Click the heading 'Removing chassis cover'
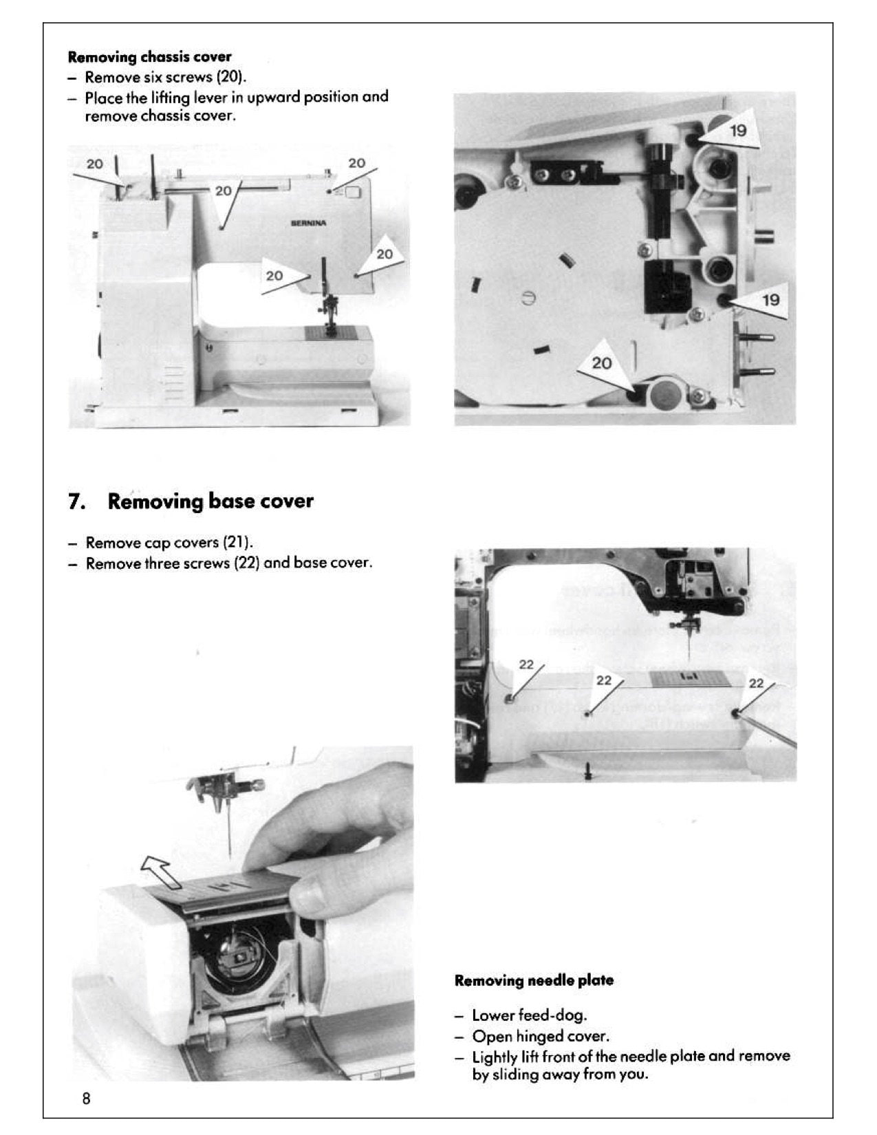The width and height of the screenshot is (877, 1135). [149, 56]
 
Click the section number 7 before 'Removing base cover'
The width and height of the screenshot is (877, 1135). [76, 501]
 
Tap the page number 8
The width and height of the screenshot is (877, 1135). [86, 1099]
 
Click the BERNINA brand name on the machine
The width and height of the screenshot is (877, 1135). [309, 223]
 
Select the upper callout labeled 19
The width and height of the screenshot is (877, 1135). [737, 131]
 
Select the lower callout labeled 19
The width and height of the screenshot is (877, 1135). [770, 300]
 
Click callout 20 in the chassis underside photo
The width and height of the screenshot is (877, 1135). [602, 363]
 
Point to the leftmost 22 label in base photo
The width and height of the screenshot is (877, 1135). [526, 664]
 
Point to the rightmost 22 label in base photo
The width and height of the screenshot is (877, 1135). [756, 683]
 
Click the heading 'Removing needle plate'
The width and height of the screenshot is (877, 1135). [534, 981]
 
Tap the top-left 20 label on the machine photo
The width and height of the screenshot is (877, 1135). [95, 164]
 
